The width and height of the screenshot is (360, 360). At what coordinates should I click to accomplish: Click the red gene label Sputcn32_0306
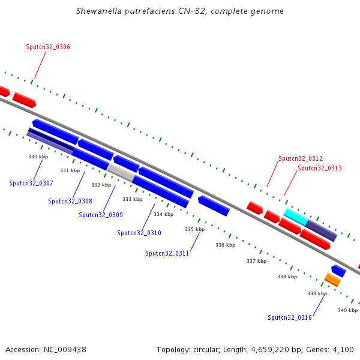point(48,47)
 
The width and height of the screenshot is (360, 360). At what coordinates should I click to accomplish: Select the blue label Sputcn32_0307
point(31,183)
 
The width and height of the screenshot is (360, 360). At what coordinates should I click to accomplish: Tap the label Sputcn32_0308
point(70,201)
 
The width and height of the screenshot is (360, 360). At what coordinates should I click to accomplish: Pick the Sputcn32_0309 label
point(101,215)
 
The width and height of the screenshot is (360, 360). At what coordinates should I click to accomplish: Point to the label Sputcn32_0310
point(139,233)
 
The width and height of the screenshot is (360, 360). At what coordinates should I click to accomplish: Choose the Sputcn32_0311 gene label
point(167,253)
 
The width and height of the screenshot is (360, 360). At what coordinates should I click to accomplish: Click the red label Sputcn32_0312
point(301,158)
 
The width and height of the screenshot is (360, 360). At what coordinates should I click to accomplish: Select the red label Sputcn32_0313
point(320,168)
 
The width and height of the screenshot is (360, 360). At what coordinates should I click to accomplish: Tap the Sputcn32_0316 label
point(290,317)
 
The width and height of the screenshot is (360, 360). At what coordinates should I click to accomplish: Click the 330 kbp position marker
point(38,157)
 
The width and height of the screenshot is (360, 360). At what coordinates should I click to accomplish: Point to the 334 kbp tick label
point(163,214)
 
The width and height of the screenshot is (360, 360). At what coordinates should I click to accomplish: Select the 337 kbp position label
point(256,261)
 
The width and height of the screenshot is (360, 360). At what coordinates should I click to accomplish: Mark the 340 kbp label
point(347,310)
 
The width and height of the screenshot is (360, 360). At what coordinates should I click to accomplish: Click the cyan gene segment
point(296,217)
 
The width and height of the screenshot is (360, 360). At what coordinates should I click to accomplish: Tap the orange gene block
point(332,280)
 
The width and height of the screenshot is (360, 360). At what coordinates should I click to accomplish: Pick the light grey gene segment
point(121,173)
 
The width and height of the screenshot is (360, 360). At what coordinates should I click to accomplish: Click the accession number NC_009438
point(65,350)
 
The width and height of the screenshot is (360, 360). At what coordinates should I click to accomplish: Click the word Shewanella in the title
point(99,11)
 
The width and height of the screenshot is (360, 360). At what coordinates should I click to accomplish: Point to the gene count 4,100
point(343,350)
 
